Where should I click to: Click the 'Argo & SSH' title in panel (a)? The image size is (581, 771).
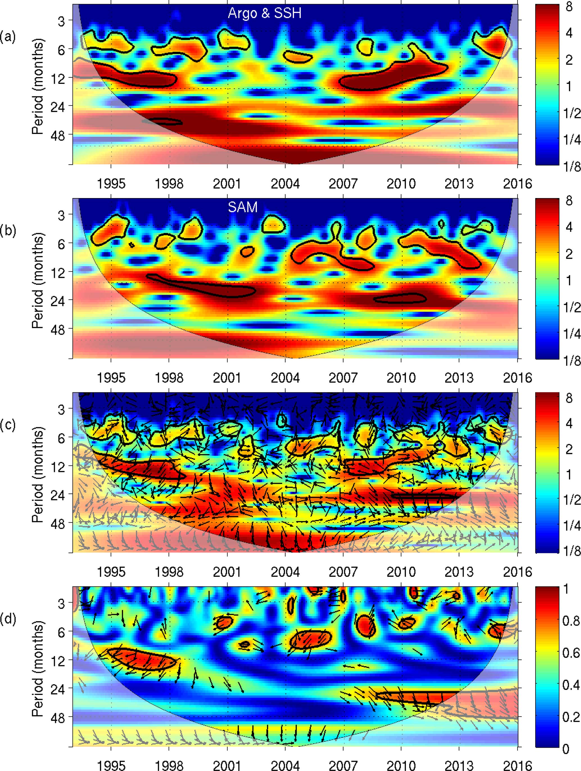click(264, 13)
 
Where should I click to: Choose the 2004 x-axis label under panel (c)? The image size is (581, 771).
click(285, 572)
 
